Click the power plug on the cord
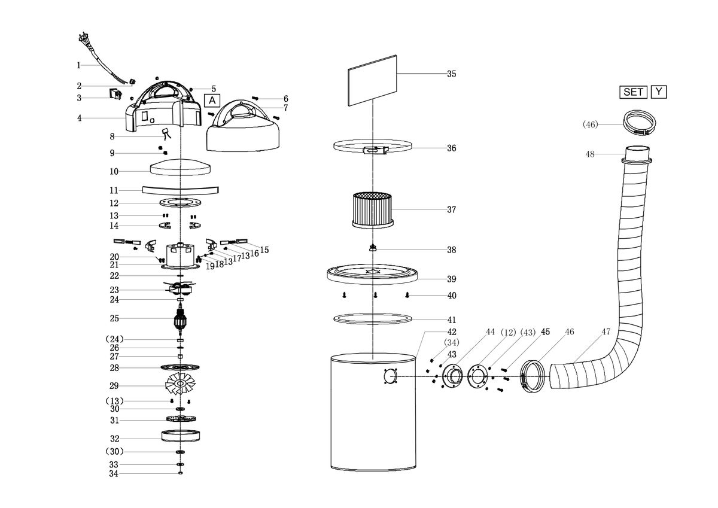tap(84, 38)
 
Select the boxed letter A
tap(212, 101)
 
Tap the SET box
tap(633, 92)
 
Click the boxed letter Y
tap(659, 92)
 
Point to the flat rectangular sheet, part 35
tap(372, 80)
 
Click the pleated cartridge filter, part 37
tap(373, 210)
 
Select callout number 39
tap(452, 279)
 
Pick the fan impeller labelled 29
tap(180, 384)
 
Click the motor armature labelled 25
tap(180, 320)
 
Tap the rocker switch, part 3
tap(116, 95)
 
